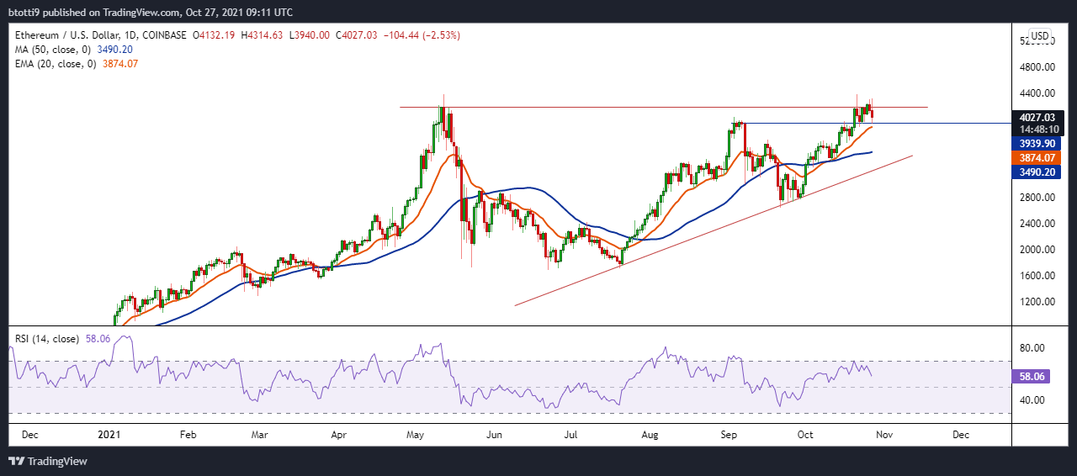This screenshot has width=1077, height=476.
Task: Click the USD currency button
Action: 1040,35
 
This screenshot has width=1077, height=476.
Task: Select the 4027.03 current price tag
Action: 1037,118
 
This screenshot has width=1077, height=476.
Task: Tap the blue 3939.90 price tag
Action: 1037,144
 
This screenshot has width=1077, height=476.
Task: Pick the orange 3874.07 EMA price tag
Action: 1037,158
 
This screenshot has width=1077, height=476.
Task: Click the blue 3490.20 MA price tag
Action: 1037,172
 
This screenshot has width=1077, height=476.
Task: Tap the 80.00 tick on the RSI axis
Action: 1032,347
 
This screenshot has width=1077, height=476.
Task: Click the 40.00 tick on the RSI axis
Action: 1032,399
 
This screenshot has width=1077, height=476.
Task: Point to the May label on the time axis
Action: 415,436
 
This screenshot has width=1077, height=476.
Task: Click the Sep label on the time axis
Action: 729,436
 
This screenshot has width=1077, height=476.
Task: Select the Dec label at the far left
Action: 29,436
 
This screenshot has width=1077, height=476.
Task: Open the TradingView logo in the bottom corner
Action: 48,461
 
